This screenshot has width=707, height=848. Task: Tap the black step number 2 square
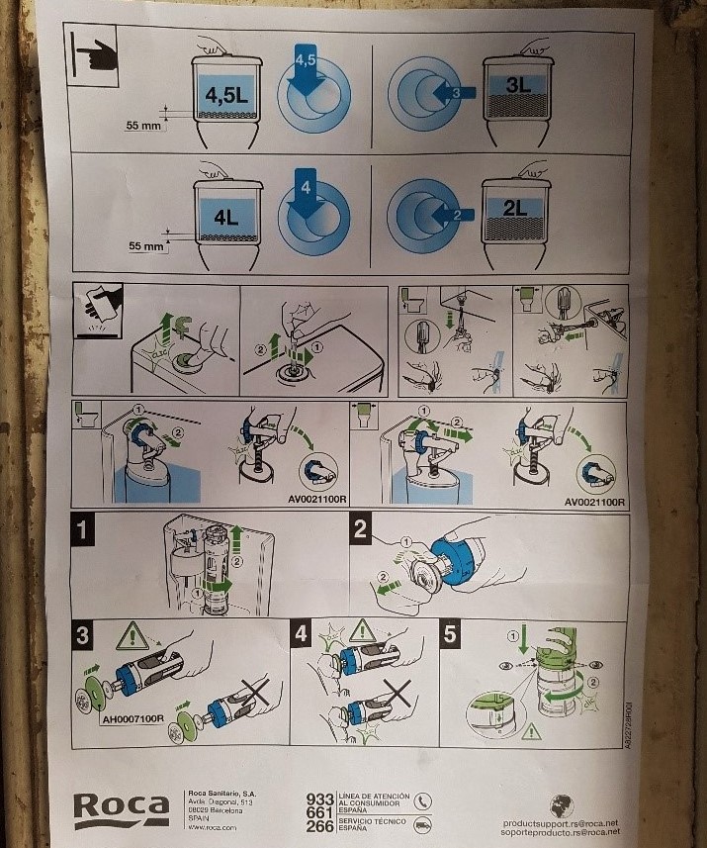click(361, 529)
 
